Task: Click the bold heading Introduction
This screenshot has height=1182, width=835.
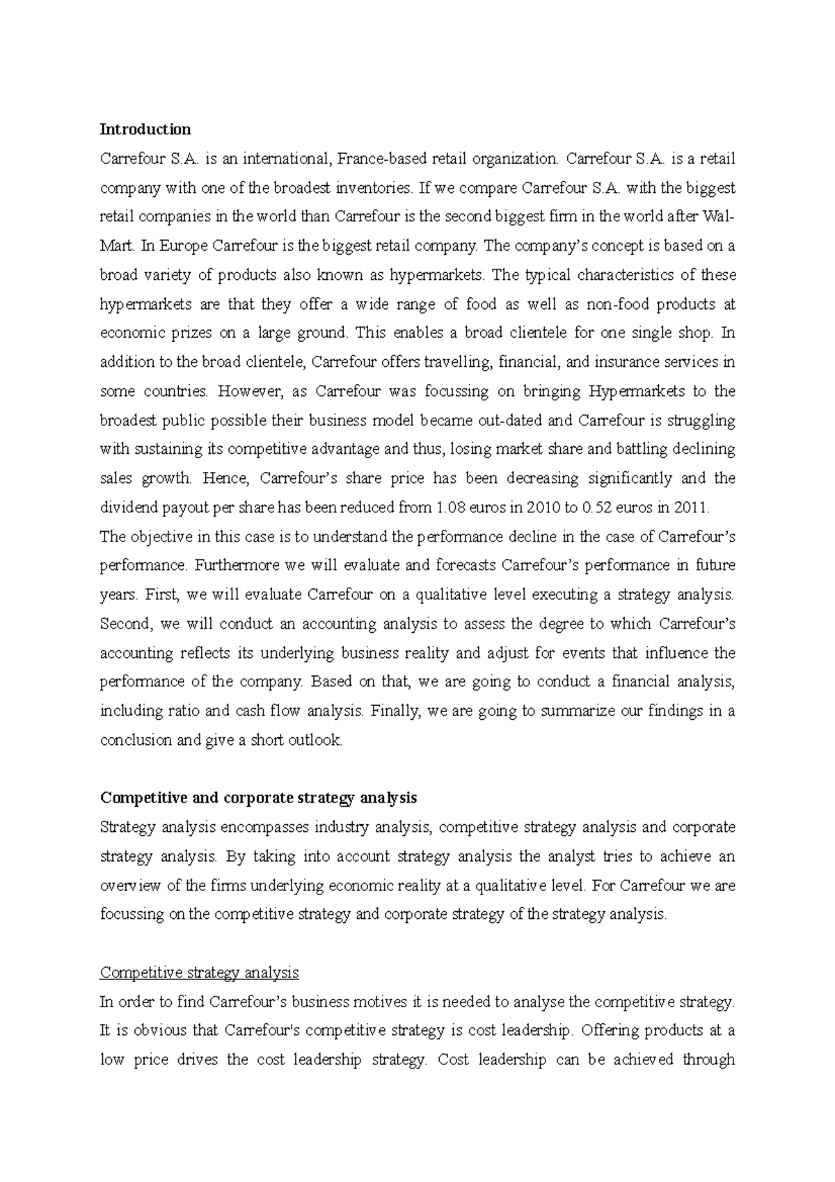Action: pos(145,129)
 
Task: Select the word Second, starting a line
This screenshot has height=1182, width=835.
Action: pos(126,624)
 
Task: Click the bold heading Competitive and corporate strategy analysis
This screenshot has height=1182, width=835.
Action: pos(258,798)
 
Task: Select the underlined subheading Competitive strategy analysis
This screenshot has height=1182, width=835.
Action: pos(200,972)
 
